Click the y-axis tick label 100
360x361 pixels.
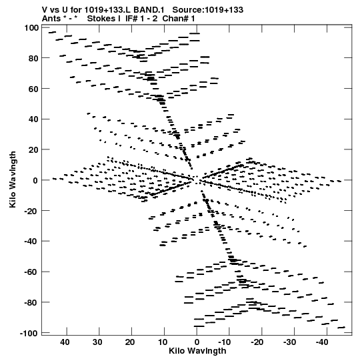click(x=31, y=28)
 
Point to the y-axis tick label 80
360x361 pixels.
click(x=33, y=59)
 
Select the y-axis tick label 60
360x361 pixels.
click(x=33, y=89)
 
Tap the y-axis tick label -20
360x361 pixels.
click(x=31, y=211)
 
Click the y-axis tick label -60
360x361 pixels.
click(x=31, y=272)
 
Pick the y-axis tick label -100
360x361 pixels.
click(x=29, y=333)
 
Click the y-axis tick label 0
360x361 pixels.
click(x=35, y=181)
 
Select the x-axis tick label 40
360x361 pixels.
click(x=65, y=342)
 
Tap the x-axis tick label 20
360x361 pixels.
click(x=130, y=342)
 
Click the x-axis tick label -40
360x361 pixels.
click(x=322, y=342)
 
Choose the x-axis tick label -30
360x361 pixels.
click(x=289, y=342)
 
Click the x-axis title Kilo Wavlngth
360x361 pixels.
click(x=197, y=351)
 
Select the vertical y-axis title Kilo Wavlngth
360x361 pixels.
click(x=13, y=179)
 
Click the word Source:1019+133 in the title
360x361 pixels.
click(x=208, y=10)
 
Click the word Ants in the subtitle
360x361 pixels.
click(x=51, y=19)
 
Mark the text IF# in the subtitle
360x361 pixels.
click(x=132, y=19)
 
